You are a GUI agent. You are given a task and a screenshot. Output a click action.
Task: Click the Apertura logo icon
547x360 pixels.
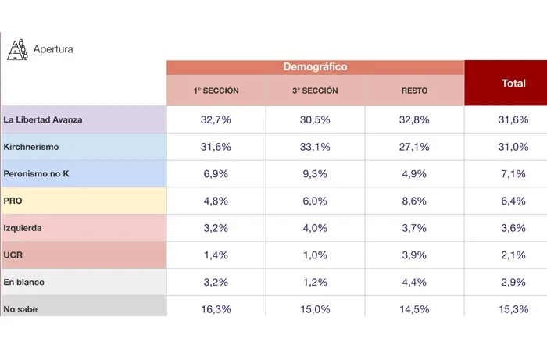[x=17, y=49]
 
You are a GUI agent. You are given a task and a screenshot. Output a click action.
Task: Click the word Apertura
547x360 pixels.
[x=53, y=50]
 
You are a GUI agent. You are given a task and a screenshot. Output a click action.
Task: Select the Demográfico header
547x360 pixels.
[x=315, y=67]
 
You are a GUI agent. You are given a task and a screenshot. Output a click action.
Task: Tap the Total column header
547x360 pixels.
[x=513, y=83]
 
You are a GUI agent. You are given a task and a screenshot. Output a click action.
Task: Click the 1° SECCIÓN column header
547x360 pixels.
[x=216, y=91]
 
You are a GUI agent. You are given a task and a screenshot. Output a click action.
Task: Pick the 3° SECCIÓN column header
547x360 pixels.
[x=315, y=91]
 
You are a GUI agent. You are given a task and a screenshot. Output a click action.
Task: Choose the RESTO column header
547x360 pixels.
[x=414, y=91]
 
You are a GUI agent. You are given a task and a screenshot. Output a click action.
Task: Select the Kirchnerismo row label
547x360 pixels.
[x=31, y=147]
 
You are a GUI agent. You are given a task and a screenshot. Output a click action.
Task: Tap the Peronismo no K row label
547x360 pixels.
[x=37, y=174]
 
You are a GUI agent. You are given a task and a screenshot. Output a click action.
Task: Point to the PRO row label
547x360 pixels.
[x=13, y=201]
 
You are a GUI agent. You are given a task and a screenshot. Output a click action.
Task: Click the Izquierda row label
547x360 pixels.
[x=23, y=228]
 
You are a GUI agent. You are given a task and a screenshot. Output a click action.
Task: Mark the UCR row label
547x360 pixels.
[x=13, y=255]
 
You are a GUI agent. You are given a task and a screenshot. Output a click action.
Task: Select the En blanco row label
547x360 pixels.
[x=24, y=282]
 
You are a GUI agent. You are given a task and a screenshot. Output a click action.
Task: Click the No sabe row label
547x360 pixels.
[x=21, y=309]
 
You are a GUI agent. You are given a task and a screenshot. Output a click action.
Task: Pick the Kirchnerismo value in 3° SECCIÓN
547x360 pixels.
[x=315, y=147]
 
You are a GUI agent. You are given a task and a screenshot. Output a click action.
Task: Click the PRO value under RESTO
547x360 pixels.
[x=414, y=201]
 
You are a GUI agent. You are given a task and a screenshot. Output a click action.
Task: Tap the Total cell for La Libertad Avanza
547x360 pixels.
[x=513, y=119]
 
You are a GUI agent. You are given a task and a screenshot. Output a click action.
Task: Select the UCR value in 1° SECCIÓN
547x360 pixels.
[x=216, y=255]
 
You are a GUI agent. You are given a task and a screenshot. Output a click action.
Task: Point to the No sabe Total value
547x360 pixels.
[x=513, y=309]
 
